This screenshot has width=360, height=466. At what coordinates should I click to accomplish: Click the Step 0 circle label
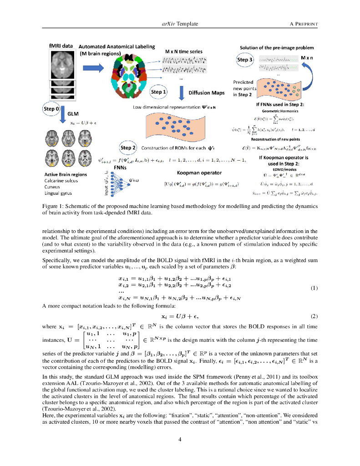tap(51, 109)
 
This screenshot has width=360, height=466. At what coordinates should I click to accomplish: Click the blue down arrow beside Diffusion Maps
tap(181, 92)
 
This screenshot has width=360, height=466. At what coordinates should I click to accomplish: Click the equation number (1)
tap(313, 288)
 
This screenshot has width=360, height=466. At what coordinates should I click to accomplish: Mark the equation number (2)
tap(313, 316)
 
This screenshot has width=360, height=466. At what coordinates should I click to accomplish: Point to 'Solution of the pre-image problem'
tap(277, 47)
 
